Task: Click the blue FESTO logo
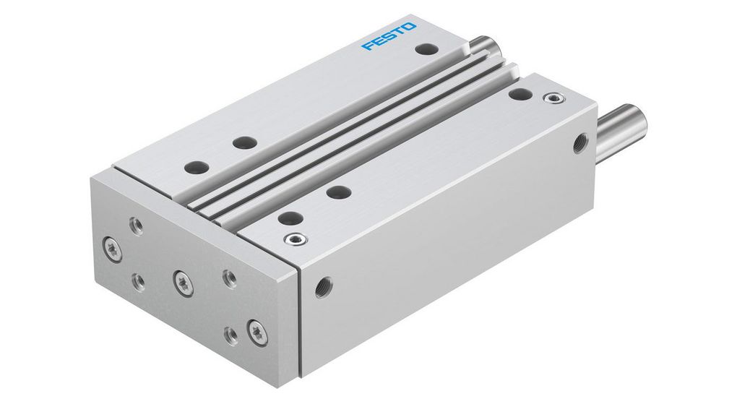click(x=389, y=37)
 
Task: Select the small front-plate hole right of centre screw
click(x=229, y=276)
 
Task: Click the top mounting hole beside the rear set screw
click(x=517, y=94)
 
